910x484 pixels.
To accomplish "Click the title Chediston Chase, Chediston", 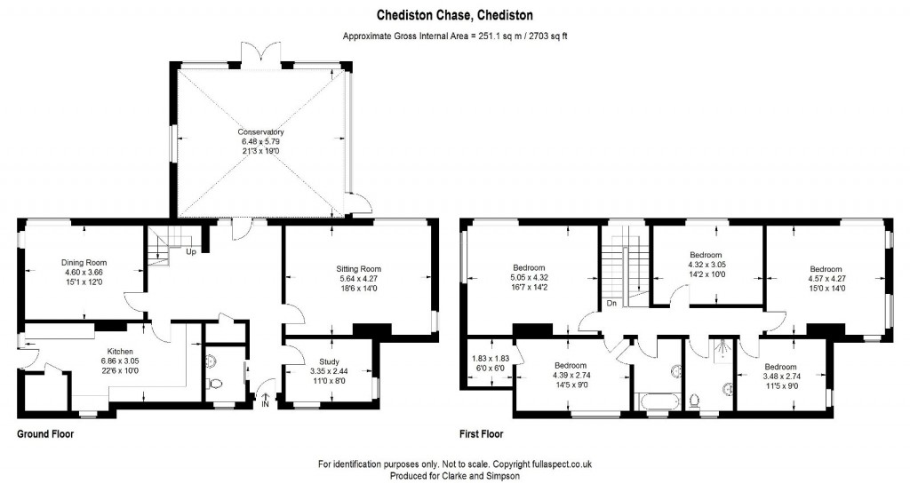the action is click(455, 14).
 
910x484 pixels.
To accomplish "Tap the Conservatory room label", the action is click(261, 132).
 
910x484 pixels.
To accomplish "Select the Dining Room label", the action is click(84, 263).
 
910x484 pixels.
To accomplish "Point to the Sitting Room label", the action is click(359, 269).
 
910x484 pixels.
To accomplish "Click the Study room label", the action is click(329, 361).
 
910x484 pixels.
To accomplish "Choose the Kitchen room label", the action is click(120, 352).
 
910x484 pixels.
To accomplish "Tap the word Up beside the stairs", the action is click(191, 252).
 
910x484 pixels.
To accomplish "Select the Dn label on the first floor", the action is click(611, 303).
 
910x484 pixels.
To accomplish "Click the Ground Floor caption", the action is click(45, 433).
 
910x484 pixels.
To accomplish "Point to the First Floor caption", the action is click(481, 433).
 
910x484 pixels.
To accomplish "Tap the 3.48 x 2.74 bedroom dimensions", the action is click(780, 377).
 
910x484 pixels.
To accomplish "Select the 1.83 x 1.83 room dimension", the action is click(491, 359).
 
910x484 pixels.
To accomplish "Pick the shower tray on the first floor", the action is click(721, 350).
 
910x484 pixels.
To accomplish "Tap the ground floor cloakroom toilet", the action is click(215, 385).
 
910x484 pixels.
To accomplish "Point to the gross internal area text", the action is click(455, 36).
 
